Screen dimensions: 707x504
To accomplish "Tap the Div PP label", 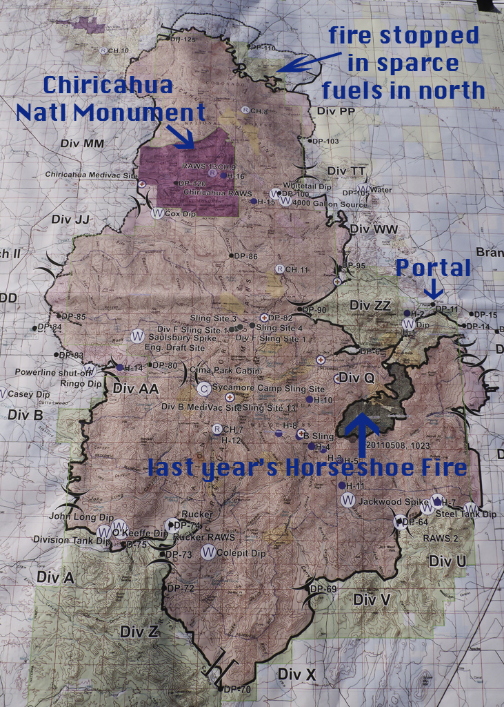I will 332,110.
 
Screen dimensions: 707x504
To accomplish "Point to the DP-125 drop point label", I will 185,39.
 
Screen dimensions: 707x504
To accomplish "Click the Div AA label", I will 136,388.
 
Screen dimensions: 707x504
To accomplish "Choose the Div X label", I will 296,673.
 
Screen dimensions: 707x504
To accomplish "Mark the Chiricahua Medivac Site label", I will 91,175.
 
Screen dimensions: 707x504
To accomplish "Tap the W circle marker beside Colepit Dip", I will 207,552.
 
